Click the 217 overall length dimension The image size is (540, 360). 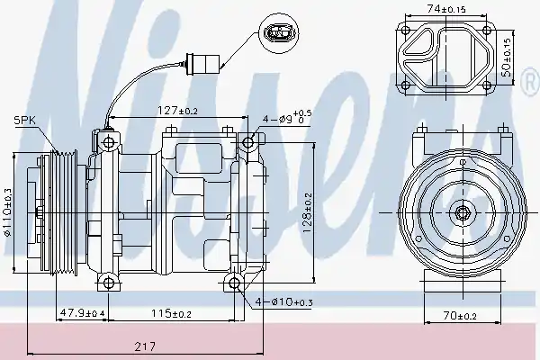point(145,346)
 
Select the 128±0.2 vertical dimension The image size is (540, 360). point(308,212)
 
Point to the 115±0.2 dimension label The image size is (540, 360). point(171,313)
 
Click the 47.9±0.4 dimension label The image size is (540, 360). point(83,313)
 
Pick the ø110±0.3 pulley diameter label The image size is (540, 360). point(7,212)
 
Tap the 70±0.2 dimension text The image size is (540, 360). point(460,315)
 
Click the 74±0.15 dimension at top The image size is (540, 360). point(446,9)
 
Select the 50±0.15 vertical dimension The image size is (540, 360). point(507,58)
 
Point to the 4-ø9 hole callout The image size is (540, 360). point(287,118)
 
